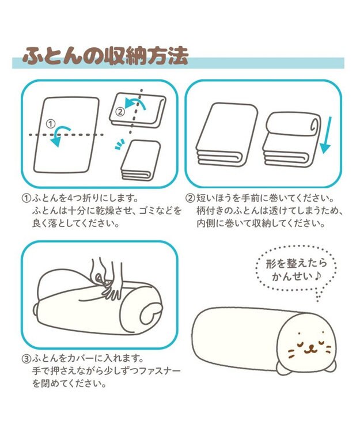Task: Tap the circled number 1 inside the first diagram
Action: [50, 123]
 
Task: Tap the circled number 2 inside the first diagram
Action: [120, 111]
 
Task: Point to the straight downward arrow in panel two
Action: [325, 134]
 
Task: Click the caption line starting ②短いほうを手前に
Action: [261, 198]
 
